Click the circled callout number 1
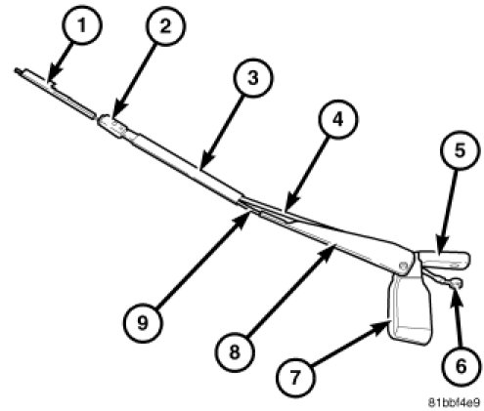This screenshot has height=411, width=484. point(82,25)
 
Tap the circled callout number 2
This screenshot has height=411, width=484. point(165,25)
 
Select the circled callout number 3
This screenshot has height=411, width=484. point(253,78)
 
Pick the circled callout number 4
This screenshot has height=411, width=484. point(338,119)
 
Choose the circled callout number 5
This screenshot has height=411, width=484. point(461,150)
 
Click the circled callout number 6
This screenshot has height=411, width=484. point(461,366)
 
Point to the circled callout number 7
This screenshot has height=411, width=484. point(295,378)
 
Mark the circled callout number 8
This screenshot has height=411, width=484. point(235,351)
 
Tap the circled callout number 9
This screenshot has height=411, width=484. point(143,323)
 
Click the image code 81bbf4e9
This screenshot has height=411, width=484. point(454,402)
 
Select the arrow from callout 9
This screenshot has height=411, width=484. point(202,260)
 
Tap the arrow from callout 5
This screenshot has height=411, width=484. point(448,212)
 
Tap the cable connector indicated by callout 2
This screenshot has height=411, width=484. point(112,126)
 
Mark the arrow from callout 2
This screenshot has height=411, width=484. point(134,81)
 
